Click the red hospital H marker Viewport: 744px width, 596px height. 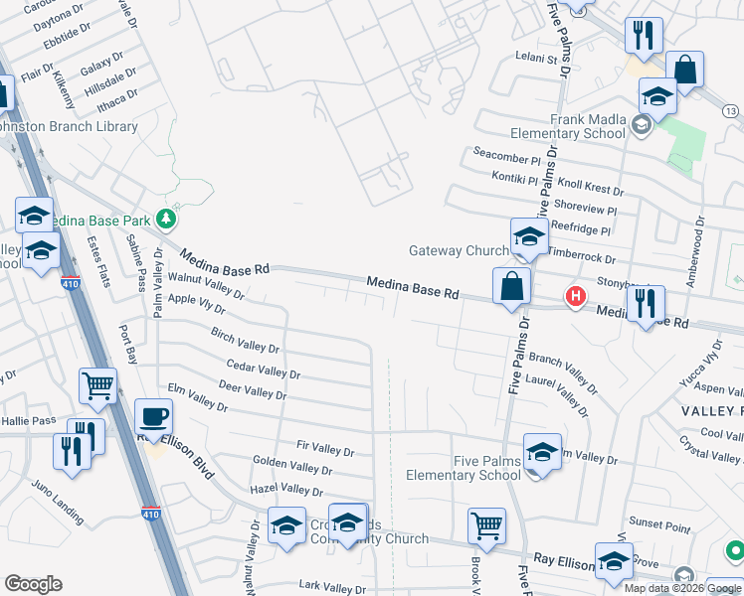575,295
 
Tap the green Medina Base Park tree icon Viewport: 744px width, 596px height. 168,219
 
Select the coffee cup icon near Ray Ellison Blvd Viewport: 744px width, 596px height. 153,415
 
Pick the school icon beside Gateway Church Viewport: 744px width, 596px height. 529,236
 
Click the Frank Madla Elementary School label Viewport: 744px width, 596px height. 567,125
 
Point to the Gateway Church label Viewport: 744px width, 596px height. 459,250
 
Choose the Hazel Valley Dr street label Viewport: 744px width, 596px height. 288,490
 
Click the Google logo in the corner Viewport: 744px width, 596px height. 33,584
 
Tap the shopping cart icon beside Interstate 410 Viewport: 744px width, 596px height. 98,384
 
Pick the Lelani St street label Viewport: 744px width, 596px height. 535,59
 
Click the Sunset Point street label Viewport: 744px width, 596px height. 658,525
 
